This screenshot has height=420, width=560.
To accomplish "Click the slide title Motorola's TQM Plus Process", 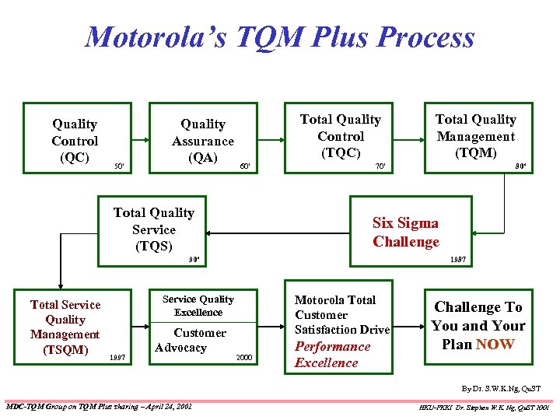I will pyautogui.click(x=279, y=37).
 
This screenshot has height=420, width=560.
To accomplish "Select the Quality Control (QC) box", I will pyautogui.click(x=75, y=141).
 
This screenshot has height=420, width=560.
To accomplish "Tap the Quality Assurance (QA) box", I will pyautogui.click(x=202, y=141).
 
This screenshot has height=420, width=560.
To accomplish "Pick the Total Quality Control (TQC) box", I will pyautogui.click(x=340, y=136).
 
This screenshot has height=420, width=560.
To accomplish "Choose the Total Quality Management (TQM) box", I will pyautogui.click(x=475, y=136).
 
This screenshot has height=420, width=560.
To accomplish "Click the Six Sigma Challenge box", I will pyautogui.click(x=406, y=232).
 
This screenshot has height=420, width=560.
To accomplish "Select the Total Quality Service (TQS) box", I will pyautogui.click(x=154, y=229).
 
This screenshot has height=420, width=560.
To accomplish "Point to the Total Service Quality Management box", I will pyautogui.click(x=65, y=327).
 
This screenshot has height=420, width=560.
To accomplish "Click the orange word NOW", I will pyautogui.click(x=495, y=344).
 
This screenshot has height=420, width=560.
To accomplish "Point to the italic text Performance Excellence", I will pyautogui.click(x=333, y=355).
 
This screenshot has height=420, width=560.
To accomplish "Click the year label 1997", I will pyautogui.click(x=118, y=357).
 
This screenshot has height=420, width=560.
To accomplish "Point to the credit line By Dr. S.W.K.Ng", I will pyautogui.click(x=500, y=387).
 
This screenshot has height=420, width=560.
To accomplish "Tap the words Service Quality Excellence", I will pyautogui.click(x=198, y=306).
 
